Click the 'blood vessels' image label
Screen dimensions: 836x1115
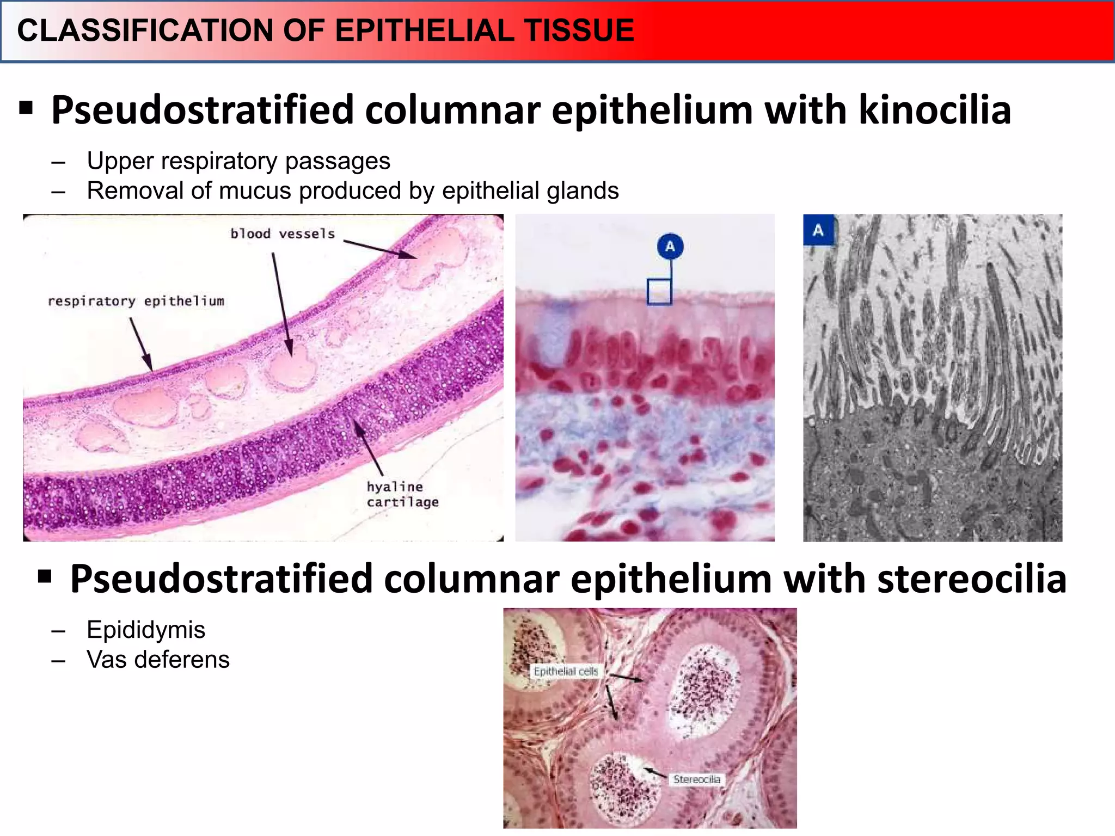pos(283,234)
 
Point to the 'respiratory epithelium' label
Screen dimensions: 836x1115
pos(136,302)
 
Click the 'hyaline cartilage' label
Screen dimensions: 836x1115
pos(402,494)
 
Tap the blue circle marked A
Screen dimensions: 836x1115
pos(670,246)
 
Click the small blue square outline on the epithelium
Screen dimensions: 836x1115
pos(659,292)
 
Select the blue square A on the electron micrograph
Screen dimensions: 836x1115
pos(818,230)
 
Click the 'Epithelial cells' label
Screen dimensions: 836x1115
pos(566,672)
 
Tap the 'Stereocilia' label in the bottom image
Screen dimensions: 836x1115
pos(696,779)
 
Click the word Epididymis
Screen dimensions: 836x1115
pos(146,630)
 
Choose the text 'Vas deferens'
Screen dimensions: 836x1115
pos(158,660)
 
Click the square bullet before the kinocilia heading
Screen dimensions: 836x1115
pos(26,108)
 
